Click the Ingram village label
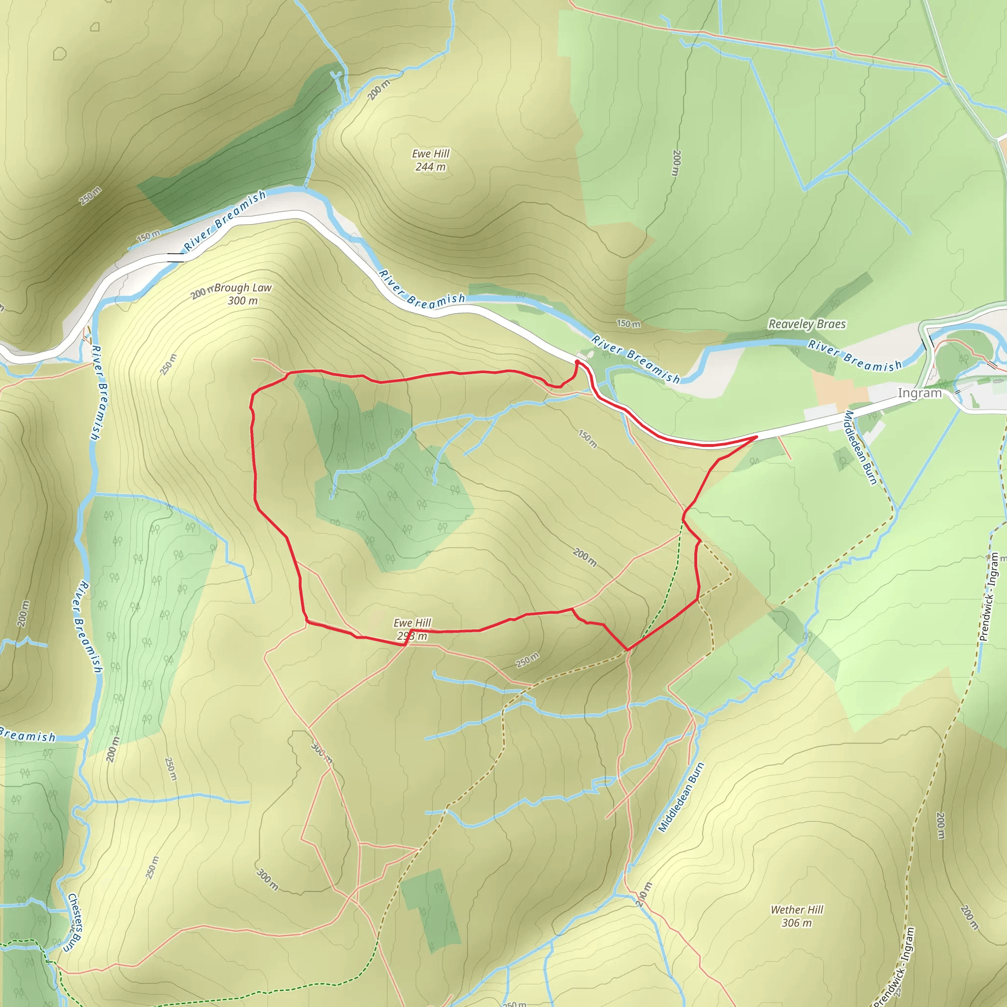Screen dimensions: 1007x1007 [919, 393]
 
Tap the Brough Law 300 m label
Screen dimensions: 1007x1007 [243, 294]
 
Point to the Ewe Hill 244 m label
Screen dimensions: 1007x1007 [431, 160]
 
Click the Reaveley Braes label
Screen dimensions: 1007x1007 [807, 324]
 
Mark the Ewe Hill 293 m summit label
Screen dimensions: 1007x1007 [412, 629]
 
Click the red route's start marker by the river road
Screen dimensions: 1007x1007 [578, 361]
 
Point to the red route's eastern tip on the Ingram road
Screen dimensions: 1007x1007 [756, 437]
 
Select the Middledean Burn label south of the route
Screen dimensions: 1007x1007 [681, 797]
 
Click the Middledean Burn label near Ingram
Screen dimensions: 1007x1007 [860, 447]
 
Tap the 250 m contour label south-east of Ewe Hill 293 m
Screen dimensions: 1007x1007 [528, 660]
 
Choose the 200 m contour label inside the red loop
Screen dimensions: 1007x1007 [585, 557]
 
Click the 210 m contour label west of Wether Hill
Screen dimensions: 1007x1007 [644, 894]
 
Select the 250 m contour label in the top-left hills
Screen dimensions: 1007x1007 [90, 196]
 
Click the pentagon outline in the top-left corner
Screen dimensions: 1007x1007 [60, 53]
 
